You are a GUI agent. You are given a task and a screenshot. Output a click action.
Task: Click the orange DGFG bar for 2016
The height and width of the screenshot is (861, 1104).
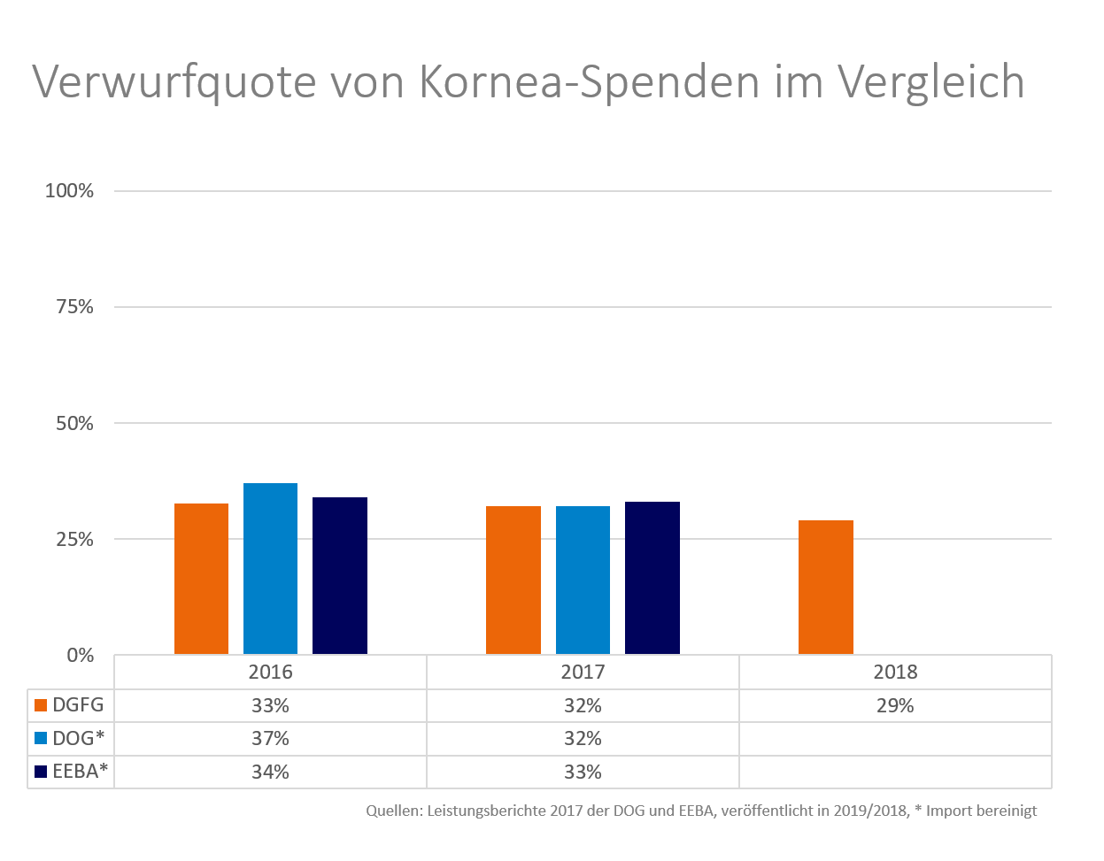pyautogui.click(x=201, y=580)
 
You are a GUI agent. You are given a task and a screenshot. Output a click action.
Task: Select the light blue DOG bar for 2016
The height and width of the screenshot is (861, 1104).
pyautogui.click(x=270, y=569)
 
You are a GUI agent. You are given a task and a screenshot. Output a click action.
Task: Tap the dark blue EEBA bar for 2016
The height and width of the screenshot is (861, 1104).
pyautogui.click(x=340, y=576)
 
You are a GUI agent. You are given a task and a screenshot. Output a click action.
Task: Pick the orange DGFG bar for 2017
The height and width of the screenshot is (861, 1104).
pyautogui.click(x=513, y=580)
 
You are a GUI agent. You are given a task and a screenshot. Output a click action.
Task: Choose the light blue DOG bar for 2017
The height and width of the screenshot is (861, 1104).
pyautogui.click(x=583, y=580)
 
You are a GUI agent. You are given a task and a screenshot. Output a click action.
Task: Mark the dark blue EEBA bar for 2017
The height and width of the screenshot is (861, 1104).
pyautogui.click(x=652, y=579)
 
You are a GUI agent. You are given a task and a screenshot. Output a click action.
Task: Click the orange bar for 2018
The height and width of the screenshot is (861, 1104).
pyautogui.click(x=826, y=588)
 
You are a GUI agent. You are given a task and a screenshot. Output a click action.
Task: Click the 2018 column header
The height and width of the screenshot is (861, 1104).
pyautogui.click(x=895, y=672)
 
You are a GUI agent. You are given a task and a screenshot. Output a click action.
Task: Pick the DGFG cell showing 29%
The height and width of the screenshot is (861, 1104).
pyautogui.click(x=895, y=705)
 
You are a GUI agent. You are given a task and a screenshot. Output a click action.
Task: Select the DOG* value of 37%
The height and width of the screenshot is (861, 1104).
pyautogui.click(x=270, y=738)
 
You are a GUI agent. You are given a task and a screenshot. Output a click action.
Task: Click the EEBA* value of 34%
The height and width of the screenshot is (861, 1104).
pyautogui.click(x=270, y=772)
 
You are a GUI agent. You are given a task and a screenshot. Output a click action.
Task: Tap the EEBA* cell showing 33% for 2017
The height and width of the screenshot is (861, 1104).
pyautogui.click(x=583, y=772)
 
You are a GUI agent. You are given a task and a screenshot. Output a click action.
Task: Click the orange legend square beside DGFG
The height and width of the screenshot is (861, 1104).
pyautogui.click(x=40, y=705)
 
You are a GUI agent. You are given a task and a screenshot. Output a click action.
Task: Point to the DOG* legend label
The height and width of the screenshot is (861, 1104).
pyautogui.click(x=77, y=738)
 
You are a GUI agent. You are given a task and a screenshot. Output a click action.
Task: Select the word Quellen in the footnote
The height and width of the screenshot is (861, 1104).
pyautogui.click(x=393, y=811)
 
